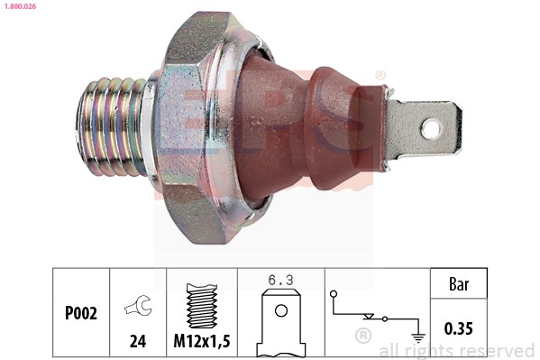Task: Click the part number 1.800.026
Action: tap(21, 7)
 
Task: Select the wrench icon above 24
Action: tap(138, 307)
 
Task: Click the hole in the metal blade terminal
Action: tap(431, 129)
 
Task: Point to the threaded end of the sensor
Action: tap(113, 126)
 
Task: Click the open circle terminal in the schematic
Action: tap(334, 293)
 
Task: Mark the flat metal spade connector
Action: tap(424, 129)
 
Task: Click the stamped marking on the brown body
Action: tap(259, 117)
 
